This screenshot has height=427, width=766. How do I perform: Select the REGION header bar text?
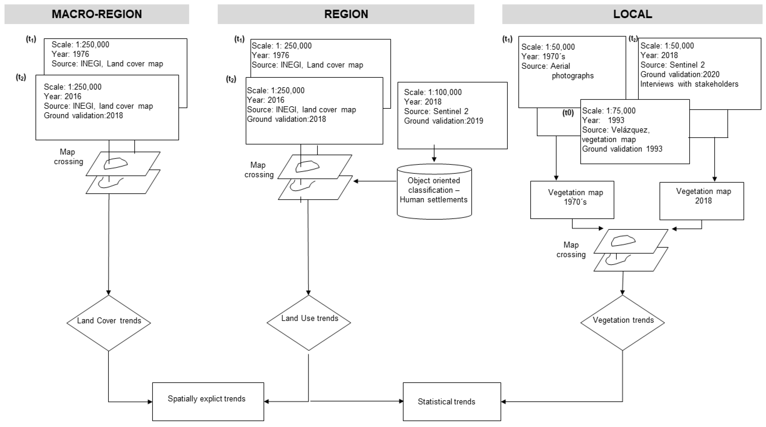[x=346, y=14]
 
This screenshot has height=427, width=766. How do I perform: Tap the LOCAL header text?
[x=632, y=14]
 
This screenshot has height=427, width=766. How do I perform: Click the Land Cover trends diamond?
[x=109, y=323]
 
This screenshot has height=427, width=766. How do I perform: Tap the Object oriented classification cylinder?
[x=434, y=191]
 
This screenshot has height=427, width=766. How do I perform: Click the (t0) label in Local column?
[x=568, y=113]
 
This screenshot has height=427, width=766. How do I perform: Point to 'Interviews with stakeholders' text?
[x=689, y=84]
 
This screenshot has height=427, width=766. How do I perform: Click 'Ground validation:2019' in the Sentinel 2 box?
[x=443, y=121]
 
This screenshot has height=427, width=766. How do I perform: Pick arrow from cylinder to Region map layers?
[x=375, y=181]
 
